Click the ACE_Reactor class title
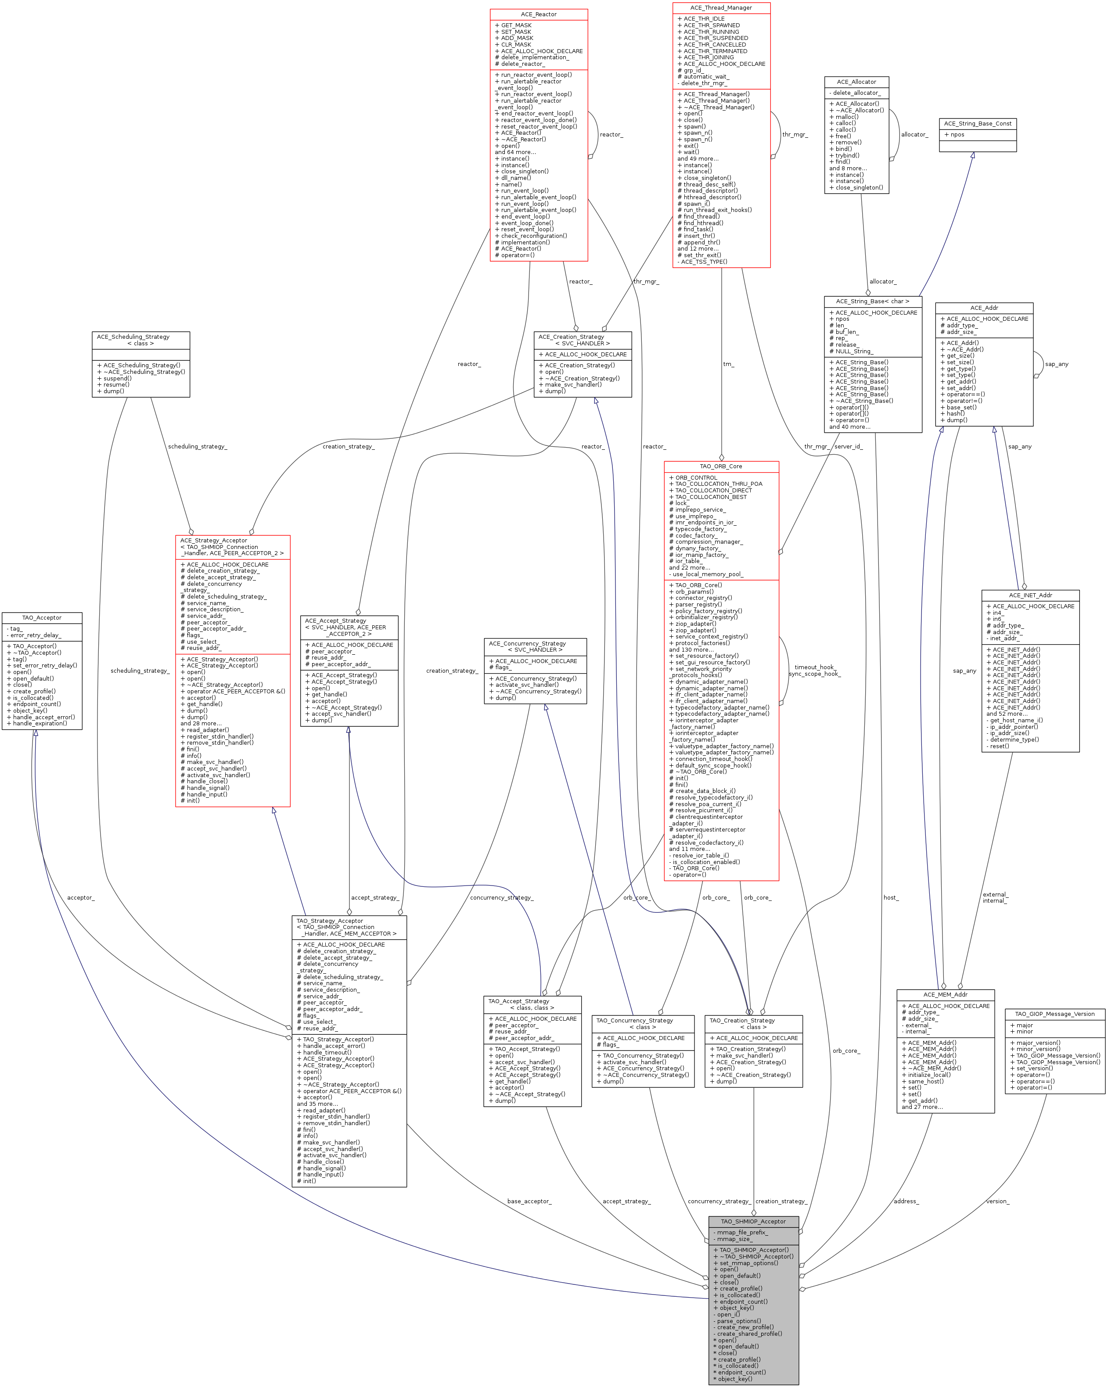tap(539, 14)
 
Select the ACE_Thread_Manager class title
tap(721, 8)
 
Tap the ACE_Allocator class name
tap(856, 82)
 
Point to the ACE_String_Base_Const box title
tap(977, 124)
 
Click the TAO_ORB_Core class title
tap(721, 466)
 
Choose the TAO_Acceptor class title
tap(42, 617)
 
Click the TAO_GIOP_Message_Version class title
tap(1054, 1014)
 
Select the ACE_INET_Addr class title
tap(1030, 595)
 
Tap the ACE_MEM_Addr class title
tap(945, 995)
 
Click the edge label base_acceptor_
tap(529, 1201)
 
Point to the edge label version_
tap(997, 1201)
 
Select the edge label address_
tap(906, 1201)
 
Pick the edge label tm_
tap(728, 364)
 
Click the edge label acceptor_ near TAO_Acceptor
tap(80, 897)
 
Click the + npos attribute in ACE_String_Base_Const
tap(954, 135)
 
